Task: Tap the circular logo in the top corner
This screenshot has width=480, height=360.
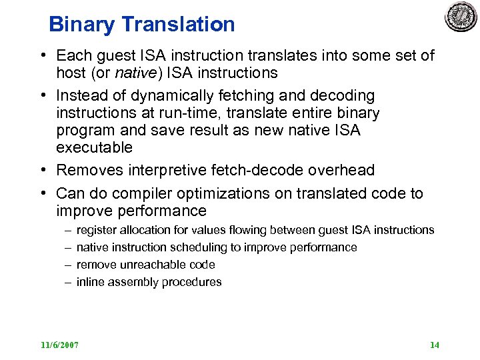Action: coord(461,17)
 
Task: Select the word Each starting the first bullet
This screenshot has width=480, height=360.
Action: coord(74,55)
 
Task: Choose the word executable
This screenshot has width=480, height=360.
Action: coord(94,147)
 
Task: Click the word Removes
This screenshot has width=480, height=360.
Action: coord(87,171)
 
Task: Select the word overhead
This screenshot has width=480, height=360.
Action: coord(343,171)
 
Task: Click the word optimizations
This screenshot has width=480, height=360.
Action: coord(233,194)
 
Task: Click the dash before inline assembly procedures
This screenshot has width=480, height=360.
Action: coord(68,282)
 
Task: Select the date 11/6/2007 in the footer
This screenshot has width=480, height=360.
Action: coord(59,345)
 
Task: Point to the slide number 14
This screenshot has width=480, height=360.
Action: coord(435,345)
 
